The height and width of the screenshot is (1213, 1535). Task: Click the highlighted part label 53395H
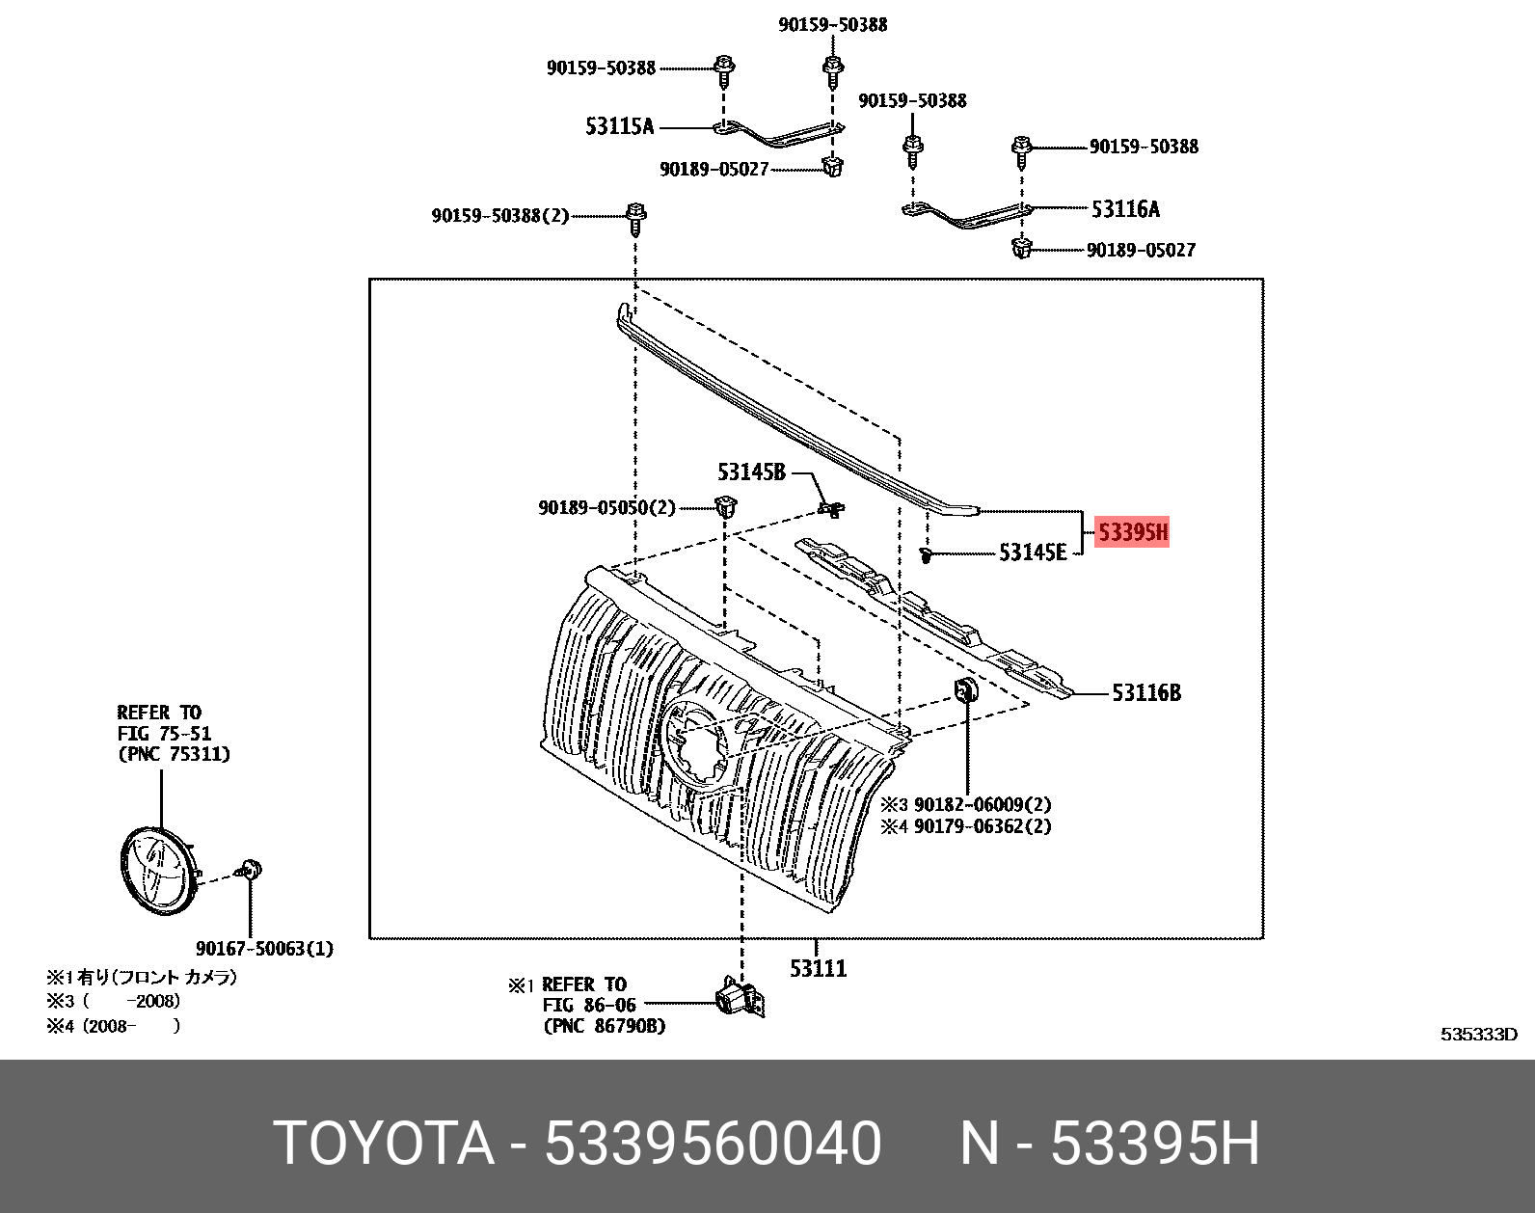tap(1133, 532)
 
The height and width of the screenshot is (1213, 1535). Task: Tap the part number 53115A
tap(619, 126)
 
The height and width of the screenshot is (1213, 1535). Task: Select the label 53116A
tap(1125, 209)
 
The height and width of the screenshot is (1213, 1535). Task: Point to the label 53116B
tap(1145, 692)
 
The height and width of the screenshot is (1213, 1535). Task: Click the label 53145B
tap(751, 472)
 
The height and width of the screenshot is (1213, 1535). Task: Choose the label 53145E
tap(1032, 553)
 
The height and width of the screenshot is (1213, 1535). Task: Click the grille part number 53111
tap(818, 968)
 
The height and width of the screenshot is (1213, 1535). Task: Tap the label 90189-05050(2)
tap(606, 507)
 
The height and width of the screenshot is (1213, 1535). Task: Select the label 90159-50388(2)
tap(499, 216)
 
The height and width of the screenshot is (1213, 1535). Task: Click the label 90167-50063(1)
tap(264, 949)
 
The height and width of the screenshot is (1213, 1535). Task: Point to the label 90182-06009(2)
tap(982, 804)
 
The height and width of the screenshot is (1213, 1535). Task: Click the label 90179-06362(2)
tap(982, 826)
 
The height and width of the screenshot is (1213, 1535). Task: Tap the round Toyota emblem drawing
tap(157, 870)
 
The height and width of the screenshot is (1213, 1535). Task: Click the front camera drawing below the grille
tap(741, 998)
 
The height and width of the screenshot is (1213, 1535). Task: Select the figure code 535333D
tap(1478, 1035)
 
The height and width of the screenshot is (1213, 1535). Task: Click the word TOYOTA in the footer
tap(383, 1144)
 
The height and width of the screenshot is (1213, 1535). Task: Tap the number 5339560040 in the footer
tap(713, 1144)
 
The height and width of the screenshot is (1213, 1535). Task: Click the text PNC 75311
tap(174, 754)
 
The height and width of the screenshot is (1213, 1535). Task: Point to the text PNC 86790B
tap(604, 1026)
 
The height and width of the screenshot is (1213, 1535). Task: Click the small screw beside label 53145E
tap(926, 555)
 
